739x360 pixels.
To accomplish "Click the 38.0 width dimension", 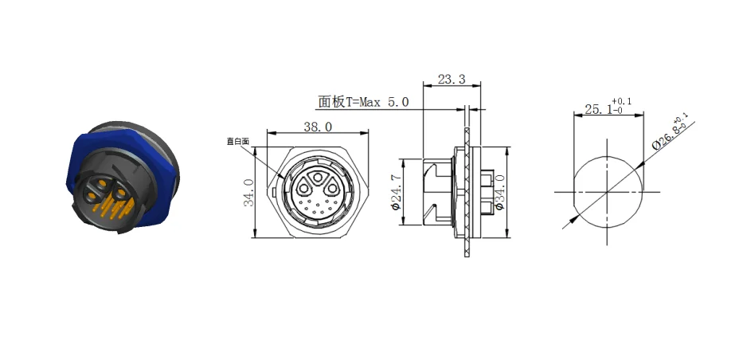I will click(317, 126).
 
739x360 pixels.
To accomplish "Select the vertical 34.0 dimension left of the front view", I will click(248, 193).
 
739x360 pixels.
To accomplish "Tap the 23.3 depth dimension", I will click(451, 80).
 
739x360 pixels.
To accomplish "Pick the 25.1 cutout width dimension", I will click(598, 110).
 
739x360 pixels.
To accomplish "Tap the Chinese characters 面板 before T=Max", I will click(330, 102).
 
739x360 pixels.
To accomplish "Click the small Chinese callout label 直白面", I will click(237, 141).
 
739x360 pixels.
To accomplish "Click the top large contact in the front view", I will click(318, 178).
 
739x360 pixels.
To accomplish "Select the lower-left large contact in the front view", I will click(305, 190).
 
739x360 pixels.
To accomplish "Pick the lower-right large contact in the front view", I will click(330, 190).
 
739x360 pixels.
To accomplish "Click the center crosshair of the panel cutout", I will click(607, 193).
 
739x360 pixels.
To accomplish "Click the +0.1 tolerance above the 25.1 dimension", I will click(623, 101).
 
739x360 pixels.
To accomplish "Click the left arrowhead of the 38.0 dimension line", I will click(269, 133).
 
